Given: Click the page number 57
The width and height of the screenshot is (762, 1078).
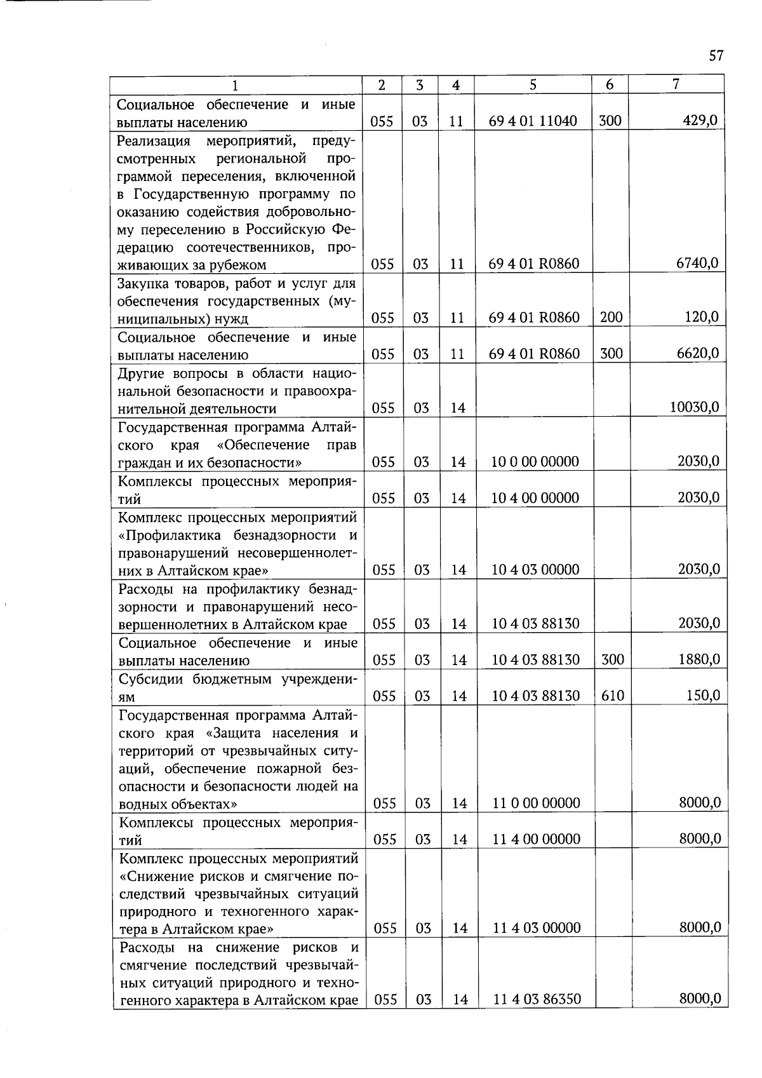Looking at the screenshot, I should click(x=716, y=56).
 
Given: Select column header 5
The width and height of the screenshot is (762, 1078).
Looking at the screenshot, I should click(x=533, y=84).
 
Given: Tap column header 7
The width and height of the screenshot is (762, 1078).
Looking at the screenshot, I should click(x=676, y=84).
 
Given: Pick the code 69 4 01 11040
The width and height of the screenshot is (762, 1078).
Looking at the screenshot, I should click(x=533, y=121).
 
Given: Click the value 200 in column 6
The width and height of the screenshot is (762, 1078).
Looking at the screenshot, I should click(x=611, y=317).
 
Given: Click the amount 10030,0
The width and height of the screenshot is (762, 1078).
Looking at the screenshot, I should click(x=695, y=407).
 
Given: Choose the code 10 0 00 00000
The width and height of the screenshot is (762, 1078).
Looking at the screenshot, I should click(x=535, y=462).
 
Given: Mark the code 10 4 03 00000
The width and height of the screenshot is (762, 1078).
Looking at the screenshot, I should click(x=535, y=570).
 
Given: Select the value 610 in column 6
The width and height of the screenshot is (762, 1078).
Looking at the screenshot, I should click(x=612, y=696).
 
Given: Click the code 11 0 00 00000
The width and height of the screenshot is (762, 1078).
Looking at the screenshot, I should click(x=536, y=804).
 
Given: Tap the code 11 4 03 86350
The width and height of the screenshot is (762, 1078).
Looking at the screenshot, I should click(x=537, y=1000).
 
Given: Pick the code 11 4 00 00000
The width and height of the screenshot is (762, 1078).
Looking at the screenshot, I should click(x=536, y=839).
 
